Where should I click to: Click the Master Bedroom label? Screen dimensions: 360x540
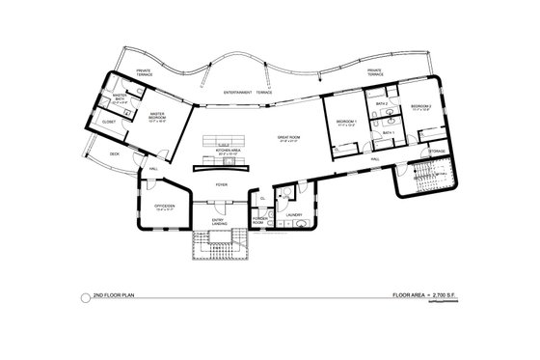click(155, 117)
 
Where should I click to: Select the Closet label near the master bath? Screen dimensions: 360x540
click(108, 122)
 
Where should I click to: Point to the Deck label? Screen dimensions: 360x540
click(114, 154)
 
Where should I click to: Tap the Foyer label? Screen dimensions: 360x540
click(221, 183)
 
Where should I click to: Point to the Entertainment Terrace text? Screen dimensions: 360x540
click(248, 93)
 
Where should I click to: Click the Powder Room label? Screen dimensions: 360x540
click(259, 220)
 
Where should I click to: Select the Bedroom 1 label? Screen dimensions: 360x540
click(345, 123)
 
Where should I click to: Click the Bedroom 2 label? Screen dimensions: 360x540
click(420, 106)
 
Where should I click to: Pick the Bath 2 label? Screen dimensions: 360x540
click(381, 102)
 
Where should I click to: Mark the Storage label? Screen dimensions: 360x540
click(437, 152)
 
